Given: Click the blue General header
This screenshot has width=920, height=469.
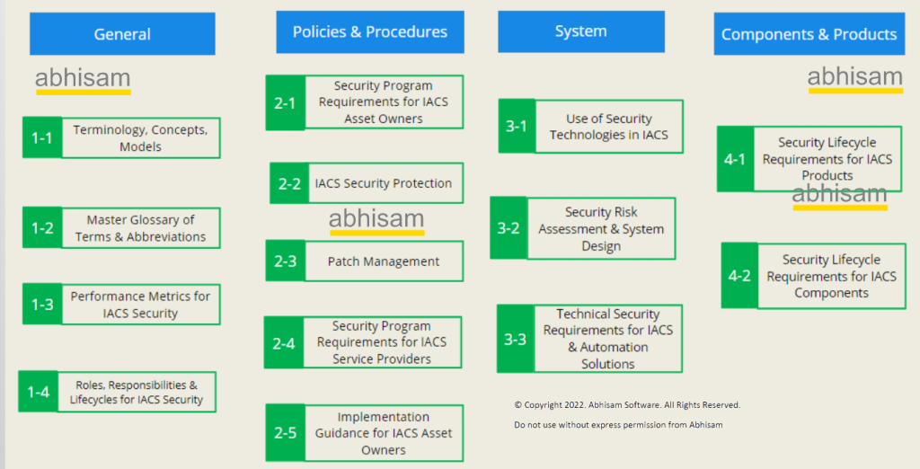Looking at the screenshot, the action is [122, 34].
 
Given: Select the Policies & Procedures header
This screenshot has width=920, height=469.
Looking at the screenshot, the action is [370, 31].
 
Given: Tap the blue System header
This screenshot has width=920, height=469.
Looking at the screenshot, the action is [581, 31].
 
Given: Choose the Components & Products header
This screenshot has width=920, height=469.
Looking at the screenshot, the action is [809, 34].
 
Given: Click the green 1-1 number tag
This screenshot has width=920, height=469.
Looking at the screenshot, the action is [42, 138].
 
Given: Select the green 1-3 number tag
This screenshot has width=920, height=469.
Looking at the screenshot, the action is [42, 304].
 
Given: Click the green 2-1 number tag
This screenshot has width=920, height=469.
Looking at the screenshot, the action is [285, 102].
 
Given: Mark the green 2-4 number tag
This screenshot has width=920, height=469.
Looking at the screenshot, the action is [284, 343].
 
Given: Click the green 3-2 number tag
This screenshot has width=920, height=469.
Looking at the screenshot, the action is [509, 228].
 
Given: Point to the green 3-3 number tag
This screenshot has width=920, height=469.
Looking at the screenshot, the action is [515, 339].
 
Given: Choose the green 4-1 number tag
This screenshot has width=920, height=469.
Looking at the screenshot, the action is [735, 159].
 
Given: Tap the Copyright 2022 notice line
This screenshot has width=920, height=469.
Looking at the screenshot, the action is [627, 405].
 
